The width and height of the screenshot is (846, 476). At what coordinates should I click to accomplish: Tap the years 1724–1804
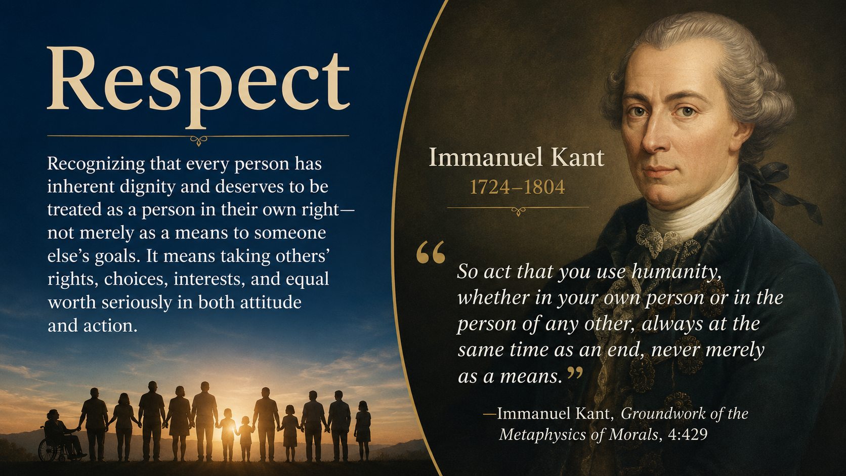517,187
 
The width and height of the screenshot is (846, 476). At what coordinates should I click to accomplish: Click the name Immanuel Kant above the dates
517,157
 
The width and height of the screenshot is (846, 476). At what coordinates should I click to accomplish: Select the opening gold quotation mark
431,252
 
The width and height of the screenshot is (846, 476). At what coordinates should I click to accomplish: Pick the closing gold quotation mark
575,373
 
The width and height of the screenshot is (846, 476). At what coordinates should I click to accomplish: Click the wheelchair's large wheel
49,450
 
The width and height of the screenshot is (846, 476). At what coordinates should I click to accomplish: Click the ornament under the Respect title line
199,141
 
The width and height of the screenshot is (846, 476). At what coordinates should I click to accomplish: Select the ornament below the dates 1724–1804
518,211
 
